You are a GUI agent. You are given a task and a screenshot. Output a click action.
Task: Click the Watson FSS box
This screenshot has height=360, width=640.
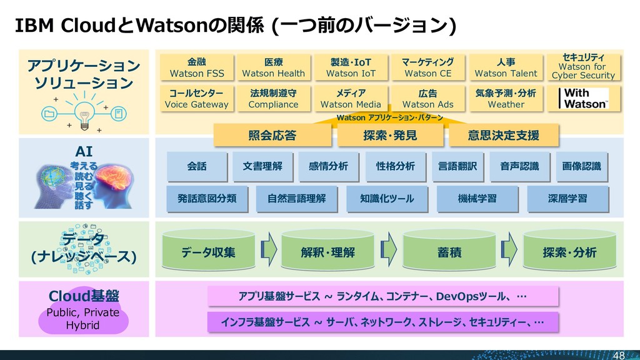(196, 67)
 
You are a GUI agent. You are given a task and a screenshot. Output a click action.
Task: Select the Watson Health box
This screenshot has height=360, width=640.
(273, 67)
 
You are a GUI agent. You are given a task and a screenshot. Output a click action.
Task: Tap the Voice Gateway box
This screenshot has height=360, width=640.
(196, 99)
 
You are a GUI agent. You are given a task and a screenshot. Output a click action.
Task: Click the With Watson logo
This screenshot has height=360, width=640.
(585, 99)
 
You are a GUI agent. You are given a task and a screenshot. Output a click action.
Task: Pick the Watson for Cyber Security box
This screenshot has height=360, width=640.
(583, 67)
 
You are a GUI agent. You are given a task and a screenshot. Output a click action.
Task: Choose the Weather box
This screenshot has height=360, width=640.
(506, 99)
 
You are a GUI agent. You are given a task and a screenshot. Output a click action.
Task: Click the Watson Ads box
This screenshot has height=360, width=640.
(427, 99)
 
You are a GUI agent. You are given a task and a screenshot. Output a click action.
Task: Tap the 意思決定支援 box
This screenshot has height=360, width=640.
(503, 135)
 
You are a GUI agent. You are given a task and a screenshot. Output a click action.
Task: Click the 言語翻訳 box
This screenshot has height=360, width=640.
(457, 166)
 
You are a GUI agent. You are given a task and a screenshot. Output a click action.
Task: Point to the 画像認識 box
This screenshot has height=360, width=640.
(581, 166)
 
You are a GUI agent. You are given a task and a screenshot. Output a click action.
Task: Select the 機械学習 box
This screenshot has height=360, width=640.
(477, 199)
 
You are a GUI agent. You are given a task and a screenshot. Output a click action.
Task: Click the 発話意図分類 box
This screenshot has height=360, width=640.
(206, 199)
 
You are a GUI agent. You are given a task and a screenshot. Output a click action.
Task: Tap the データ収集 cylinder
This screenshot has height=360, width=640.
(209, 252)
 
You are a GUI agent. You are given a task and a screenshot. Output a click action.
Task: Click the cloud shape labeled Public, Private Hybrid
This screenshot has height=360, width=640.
(83, 319)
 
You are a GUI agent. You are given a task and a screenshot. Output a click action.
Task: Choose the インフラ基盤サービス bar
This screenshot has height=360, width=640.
(381, 322)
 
